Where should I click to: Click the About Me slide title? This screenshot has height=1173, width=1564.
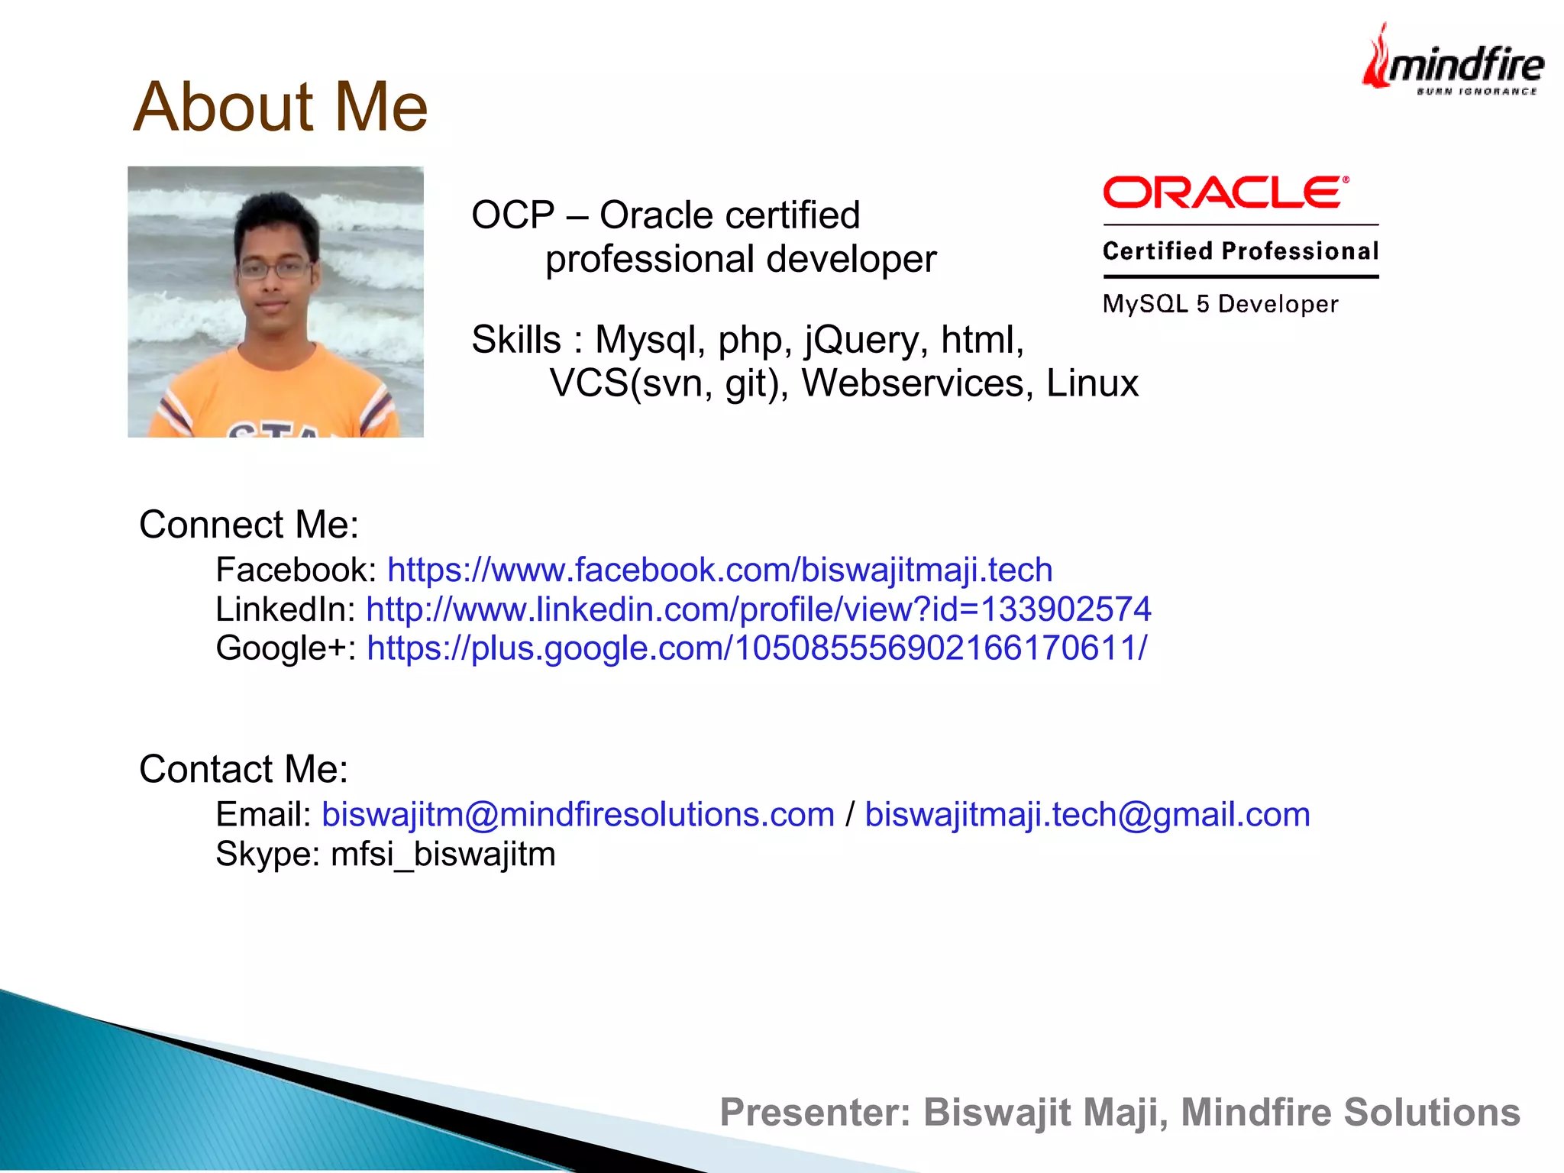tap(280, 107)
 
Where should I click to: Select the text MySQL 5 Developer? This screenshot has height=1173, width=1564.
tap(1220, 304)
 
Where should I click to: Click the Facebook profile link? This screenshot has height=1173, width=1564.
tap(719, 570)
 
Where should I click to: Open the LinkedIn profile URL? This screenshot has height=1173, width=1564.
tap(758, 609)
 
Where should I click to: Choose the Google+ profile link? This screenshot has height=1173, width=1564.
tap(757, 648)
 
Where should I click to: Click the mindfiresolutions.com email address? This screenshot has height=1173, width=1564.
tap(578, 815)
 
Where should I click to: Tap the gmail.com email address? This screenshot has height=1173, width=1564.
tap(1087, 815)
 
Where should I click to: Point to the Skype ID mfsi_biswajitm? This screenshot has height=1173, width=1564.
tap(443, 854)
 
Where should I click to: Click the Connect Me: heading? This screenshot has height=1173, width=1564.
tap(249, 525)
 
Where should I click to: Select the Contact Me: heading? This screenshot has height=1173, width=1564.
tap(244, 769)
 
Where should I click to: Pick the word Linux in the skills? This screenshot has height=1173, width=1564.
tap(1092, 383)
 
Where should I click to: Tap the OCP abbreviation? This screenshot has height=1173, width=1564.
tap(512, 215)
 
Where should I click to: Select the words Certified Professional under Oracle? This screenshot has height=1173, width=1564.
tap(1240, 251)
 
